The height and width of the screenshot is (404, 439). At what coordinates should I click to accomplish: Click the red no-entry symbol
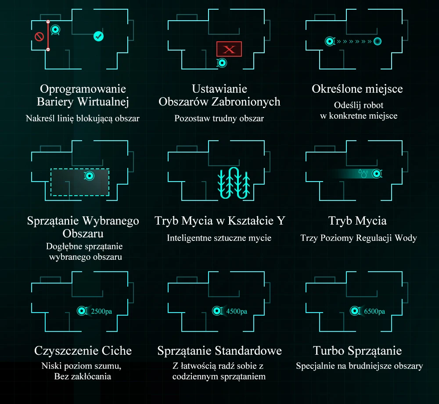pos(39,36)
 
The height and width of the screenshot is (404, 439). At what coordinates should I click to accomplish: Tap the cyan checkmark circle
pos(99,36)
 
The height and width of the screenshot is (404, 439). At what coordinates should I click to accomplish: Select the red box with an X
pos(229,49)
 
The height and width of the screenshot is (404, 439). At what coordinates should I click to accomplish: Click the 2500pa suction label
pos(101,311)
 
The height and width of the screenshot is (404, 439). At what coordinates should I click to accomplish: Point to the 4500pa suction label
pos(237,311)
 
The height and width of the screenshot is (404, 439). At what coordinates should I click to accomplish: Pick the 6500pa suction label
pos(374,311)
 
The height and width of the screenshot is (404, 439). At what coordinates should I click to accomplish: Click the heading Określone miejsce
pos(357,89)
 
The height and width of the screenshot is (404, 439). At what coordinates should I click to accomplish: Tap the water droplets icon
pos(363,174)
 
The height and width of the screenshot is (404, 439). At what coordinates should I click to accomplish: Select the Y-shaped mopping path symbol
pos(234,183)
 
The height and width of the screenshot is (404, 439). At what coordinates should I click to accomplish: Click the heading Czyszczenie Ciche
pos(83,350)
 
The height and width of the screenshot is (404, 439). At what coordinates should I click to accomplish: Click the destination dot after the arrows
pos(377,41)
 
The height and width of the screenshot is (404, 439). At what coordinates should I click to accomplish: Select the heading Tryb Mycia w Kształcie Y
pos(219,220)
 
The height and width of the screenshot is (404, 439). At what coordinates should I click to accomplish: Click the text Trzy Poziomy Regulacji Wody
pos(358,238)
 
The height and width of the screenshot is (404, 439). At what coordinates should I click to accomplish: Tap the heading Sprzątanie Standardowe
pos(219,350)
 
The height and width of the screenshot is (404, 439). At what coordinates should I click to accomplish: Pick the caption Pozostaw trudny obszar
pos(219,118)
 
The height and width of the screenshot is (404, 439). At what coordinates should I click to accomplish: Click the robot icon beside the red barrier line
pos(55,30)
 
